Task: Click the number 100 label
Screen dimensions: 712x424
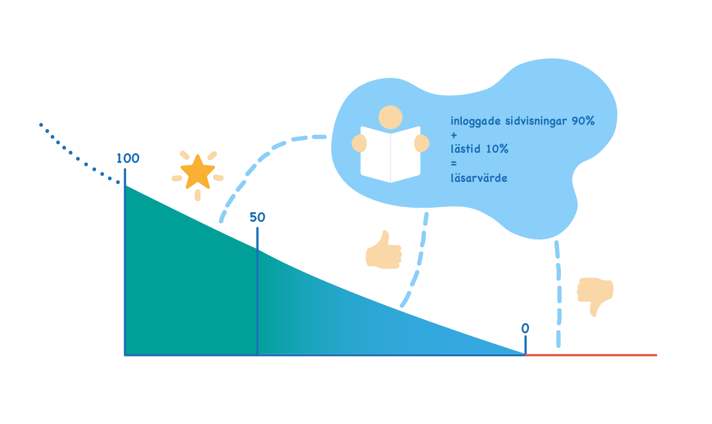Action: pos(128,158)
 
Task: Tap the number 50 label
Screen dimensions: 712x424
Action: pos(257,217)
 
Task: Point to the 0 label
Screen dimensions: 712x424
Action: pos(525,328)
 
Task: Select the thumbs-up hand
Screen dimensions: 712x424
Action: pos(383,250)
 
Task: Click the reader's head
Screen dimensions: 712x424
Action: pos(390,117)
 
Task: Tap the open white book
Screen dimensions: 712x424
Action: pos(391,154)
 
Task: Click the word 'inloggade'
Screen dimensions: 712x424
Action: pos(475,121)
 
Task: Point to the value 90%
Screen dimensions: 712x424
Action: pos(583,121)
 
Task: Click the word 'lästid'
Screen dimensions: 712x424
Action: pos(465,149)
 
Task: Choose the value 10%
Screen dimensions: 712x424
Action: pos(497,149)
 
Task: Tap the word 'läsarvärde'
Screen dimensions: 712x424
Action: pos(479,177)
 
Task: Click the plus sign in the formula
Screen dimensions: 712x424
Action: pos(454,135)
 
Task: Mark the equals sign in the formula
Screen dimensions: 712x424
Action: pos(454,163)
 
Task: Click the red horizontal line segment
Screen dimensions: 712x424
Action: pos(591,355)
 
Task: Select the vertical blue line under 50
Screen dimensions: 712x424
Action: pos(257,291)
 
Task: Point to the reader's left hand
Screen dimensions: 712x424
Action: pos(422,143)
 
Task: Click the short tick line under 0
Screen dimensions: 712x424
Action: pos(525,345)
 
